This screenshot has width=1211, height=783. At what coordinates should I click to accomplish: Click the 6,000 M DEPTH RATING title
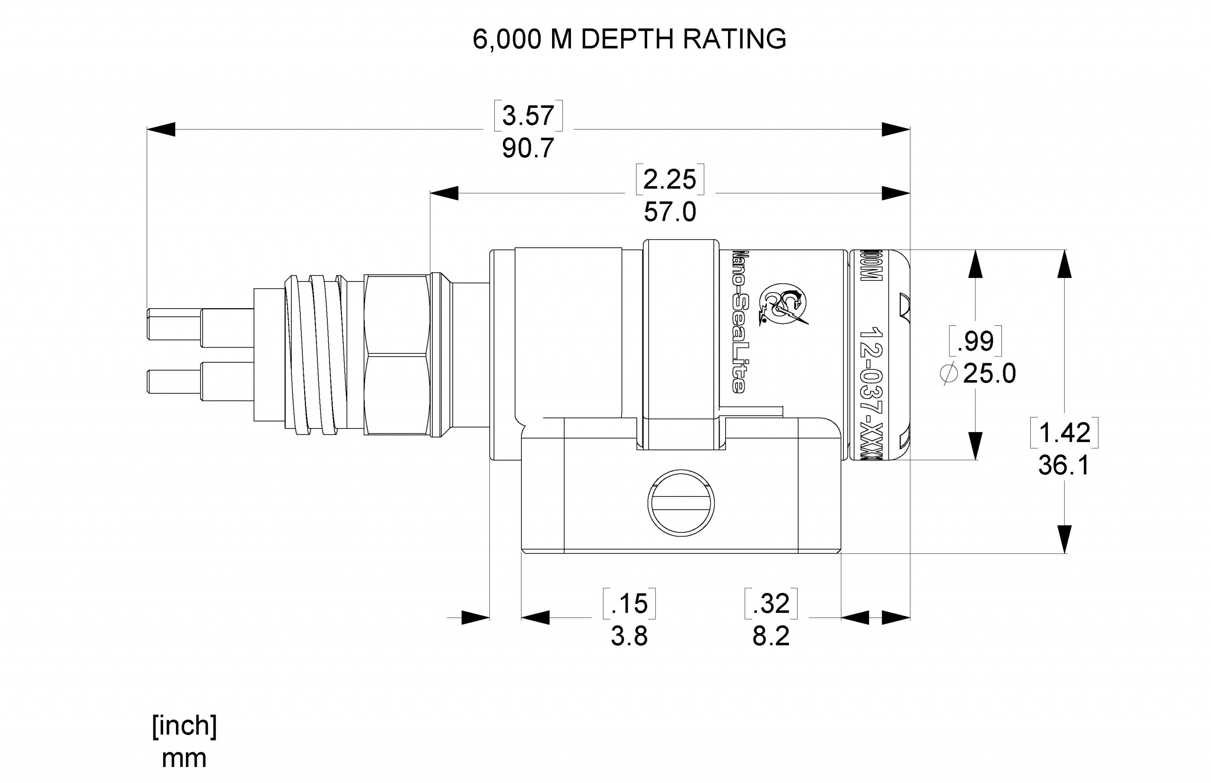pos(629,39)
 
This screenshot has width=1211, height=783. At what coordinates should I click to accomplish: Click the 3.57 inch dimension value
pos(528,115)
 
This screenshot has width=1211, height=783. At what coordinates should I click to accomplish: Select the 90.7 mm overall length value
pos(528,148)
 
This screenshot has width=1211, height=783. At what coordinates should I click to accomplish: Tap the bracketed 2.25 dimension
pos(669,180)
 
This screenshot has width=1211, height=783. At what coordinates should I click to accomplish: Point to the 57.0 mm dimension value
pos(669,212)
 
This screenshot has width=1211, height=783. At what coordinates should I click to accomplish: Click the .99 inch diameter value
pos(974,341)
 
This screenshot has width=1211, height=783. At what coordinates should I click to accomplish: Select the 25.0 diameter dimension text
pos(989,374)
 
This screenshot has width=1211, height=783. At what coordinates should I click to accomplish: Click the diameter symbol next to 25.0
pos(948,374)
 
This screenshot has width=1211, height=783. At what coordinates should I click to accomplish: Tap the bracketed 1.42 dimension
pos(1063,433)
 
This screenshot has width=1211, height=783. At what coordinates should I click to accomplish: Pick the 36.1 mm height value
pos(1063,465)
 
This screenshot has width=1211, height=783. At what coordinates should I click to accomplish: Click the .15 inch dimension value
pos(629,603)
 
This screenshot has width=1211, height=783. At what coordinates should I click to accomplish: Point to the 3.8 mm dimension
pos(629,636)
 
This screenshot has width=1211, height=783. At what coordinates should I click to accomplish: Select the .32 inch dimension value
pos(771,603)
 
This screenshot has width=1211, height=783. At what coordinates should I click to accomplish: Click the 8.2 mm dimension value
pos(771,636)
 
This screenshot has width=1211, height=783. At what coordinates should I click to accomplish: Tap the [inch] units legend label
pos(184,725)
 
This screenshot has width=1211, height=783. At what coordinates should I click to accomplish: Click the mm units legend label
pos(184,758)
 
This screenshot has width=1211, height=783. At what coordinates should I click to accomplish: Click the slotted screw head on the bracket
pos(681,503)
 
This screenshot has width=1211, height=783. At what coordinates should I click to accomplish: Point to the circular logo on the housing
pos(783,305)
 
